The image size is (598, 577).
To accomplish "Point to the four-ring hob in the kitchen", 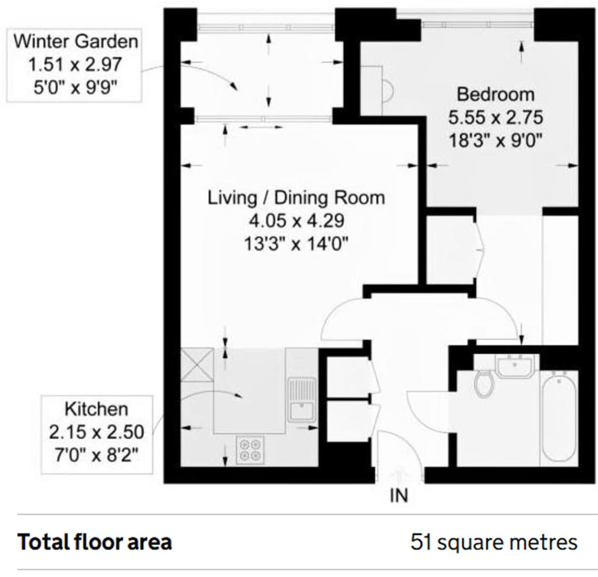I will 250,449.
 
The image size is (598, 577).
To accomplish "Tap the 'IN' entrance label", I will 399,496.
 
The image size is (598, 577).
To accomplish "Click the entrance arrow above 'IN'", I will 399,475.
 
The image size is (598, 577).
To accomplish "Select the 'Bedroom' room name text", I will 495,95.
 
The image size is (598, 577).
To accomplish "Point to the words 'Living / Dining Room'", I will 296,198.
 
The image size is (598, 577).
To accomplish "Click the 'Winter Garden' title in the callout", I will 75,41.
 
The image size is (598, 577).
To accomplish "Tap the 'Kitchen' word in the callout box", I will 96,410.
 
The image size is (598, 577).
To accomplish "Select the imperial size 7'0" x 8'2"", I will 96,456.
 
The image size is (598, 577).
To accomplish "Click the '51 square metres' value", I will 494,542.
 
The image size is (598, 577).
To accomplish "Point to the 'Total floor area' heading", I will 95,542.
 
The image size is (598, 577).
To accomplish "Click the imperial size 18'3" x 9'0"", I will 495,141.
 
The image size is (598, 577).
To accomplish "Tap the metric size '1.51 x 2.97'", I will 75,65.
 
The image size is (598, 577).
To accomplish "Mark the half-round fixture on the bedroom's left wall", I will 388,90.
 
